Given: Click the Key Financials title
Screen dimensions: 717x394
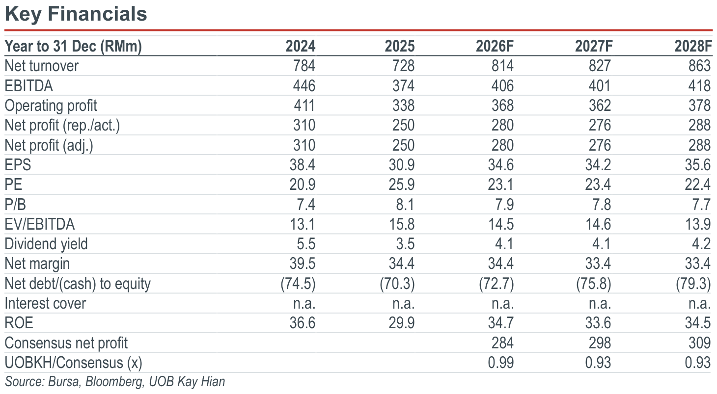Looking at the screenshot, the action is pyautogui.click(x=76, y=14).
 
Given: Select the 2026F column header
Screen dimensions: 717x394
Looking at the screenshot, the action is pyautogui.click(x=495, y=47).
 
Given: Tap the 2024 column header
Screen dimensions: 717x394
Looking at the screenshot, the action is pyautogui.click(x=300, y=47).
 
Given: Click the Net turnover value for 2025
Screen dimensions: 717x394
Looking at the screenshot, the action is pyautogui.click(x=403, y=66).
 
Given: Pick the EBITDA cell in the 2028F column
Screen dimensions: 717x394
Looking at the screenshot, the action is pyautogui.click(x=699, y=86).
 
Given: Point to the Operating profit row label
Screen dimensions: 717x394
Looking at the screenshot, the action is pyautogui.click(x=51, y=106).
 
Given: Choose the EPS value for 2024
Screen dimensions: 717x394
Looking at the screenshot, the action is pyautogui.click(x=302, y=165).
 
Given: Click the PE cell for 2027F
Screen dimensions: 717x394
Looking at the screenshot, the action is pyautogui.click(x=598, y=185).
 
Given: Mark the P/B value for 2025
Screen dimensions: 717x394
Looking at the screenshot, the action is pyautogui.click(x=405, y=205).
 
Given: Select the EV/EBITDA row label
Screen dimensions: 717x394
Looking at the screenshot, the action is pyautogui.click(x=39, y=224).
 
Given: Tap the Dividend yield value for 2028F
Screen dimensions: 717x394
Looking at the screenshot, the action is pyautogui.click(x=702, y=244).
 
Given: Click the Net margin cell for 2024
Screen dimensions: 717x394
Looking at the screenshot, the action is pyautogui.click(x=302, y=264).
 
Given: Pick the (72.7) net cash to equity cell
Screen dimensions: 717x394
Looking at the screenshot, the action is pyautogui.click(x=496, y=284).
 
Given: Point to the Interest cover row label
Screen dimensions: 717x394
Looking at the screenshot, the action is pyautogui.click(x=45, y=303).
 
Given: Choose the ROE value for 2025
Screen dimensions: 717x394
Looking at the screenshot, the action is pyautogui.click(x=401, y=323).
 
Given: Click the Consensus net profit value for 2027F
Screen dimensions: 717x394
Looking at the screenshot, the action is pyautogui.click(x=600, y=343).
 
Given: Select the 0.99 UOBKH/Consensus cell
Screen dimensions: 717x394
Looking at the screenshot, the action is pyautogui.click(x=500, y=363).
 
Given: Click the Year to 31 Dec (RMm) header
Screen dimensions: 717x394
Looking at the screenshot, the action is pyautogui.click(x=73, y=47).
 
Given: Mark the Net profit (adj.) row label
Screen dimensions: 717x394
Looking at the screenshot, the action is pyautogui.click(x=49, y=146).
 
